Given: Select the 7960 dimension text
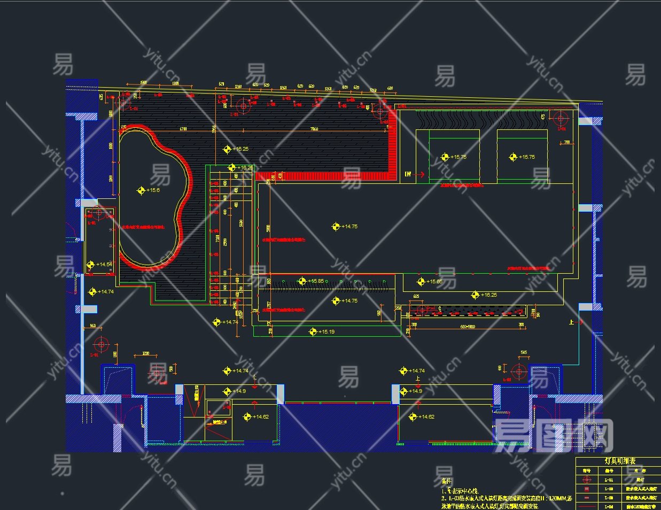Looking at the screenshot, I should [314, 129].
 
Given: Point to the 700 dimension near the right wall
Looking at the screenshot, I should [566, 143].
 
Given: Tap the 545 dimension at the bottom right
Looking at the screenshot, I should [524, 353].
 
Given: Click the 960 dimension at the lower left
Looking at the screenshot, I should [92, 326].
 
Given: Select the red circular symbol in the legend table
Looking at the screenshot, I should [587, 480].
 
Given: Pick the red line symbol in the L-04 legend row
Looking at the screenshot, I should [587, 506].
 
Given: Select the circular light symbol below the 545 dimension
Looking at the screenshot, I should [518, 371].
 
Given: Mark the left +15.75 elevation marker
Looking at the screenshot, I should [445, 157].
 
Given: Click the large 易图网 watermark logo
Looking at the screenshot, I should [553, 436].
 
